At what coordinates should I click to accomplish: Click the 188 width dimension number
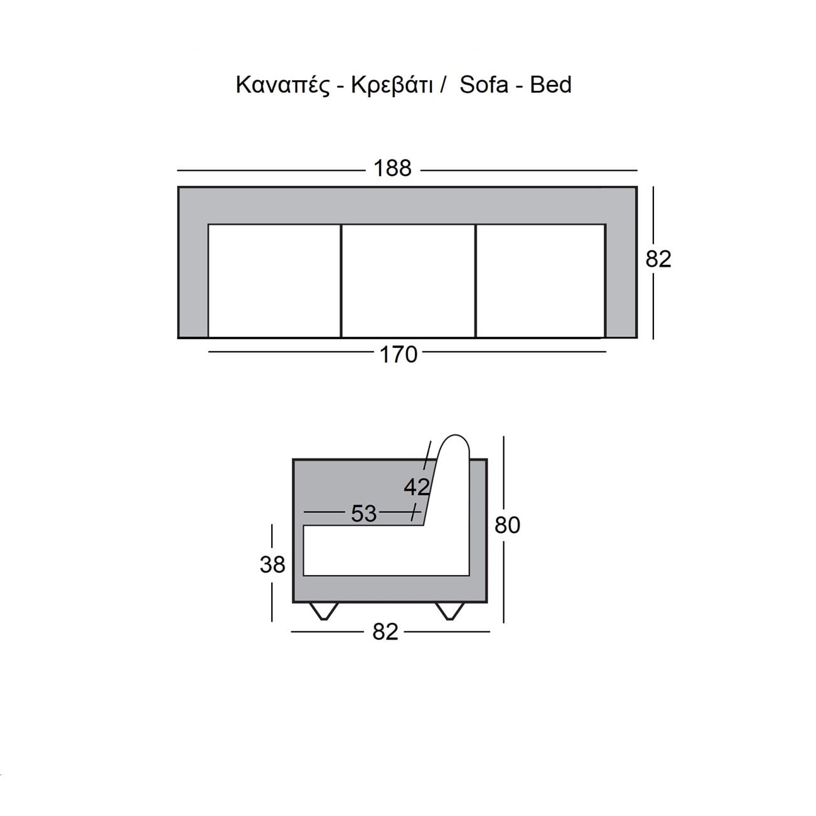tap(392, 168)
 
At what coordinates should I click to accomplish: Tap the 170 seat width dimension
tap(398, 355)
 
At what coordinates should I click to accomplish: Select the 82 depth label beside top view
tap(658, 259)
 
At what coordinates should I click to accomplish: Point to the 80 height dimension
tap(507, 525)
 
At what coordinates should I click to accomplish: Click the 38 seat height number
tap(272, 564)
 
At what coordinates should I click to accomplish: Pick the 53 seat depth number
tap(363, 513)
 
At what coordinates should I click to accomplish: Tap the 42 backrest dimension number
tap(417, 487)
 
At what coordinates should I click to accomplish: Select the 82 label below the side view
tap(385, 632)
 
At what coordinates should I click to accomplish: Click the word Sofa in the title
tap(483, 85)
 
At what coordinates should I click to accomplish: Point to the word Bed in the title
tap(550, 85)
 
